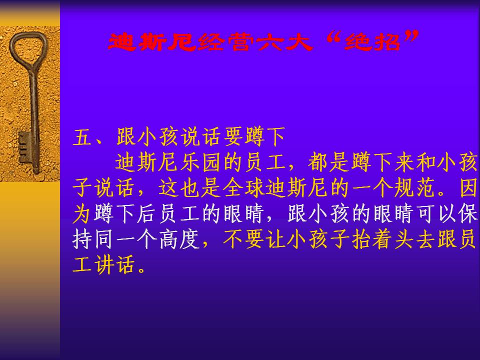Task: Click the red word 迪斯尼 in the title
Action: tap(152, 41)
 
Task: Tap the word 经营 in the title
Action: tap(225, 41)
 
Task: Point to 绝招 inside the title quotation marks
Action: tap(372, 41)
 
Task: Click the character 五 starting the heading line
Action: tap(82, 137)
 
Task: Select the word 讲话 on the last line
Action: tap(114, 265)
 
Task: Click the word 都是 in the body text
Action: tap(329, 162)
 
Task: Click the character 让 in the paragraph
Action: tap(275, 239)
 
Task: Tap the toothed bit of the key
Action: tap(24, 147)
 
